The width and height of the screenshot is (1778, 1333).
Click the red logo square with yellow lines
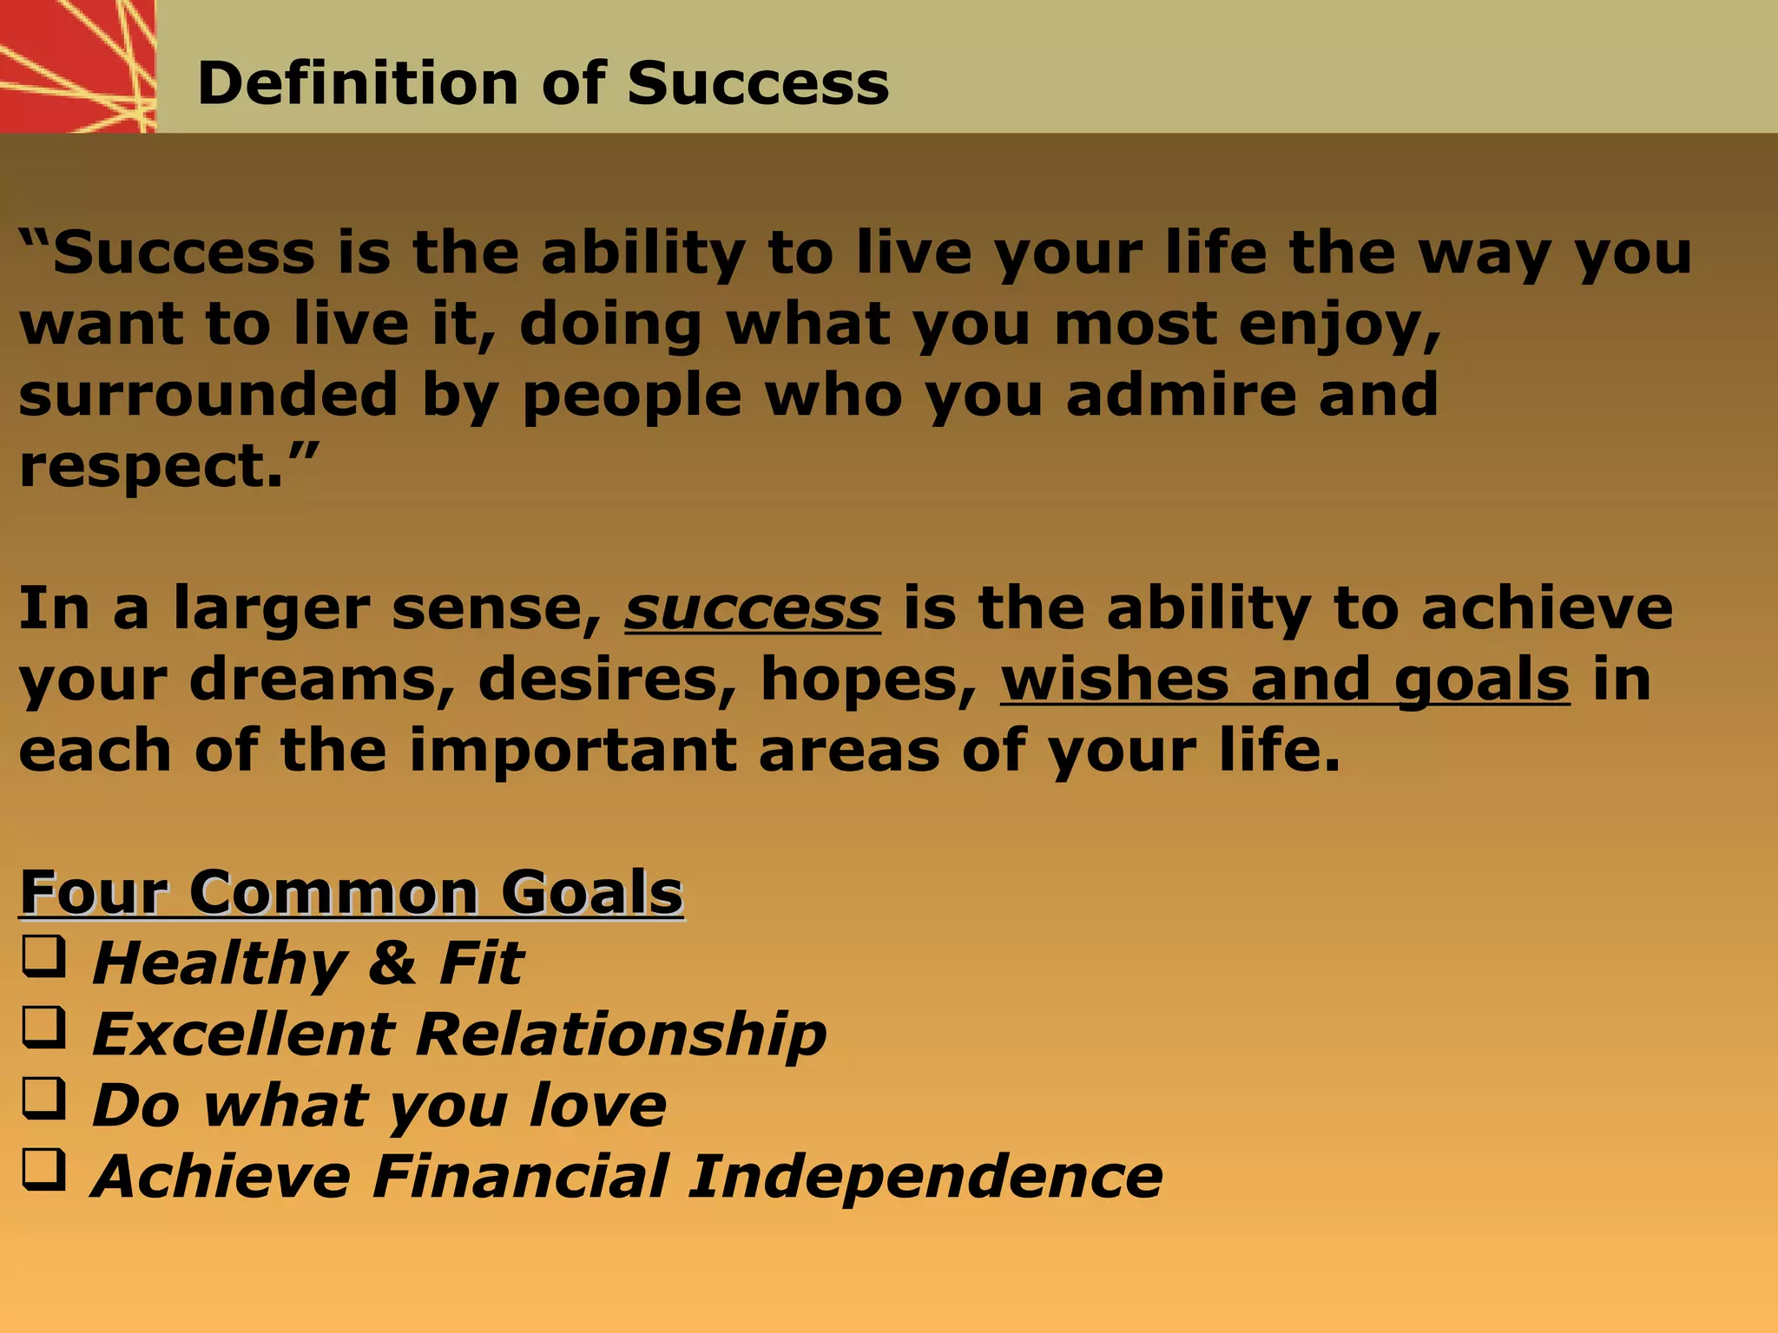pyautogui.click(x=77, y=66)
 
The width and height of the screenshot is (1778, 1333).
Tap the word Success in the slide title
pyautogui.click(x=757, y=84)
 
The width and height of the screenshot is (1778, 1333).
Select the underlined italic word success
pyautogui.click(x=752, y=608)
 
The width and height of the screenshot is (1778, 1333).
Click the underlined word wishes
pyautogui.click(x=1114, y=680)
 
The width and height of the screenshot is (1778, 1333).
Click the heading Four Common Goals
pyautogui.click(x=352, y=892)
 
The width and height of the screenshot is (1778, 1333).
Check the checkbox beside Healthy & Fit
pyautogui.click(x=43, y=958)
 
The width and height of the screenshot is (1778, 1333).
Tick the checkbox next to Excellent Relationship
pyautogui.click(x=43, y=1029)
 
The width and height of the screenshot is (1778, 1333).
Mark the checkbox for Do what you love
pyautogui.click(x=43, y=1100)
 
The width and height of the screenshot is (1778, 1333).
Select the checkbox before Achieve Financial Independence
pyautogui.click(x=43, y=1172)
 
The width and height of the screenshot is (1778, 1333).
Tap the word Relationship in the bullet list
pyautogui.click(x=621, y=1034)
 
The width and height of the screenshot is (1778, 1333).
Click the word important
pyautogui.click(x=573, y=751)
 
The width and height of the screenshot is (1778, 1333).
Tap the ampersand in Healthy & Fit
pyautogui.click(x=392, y=963)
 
